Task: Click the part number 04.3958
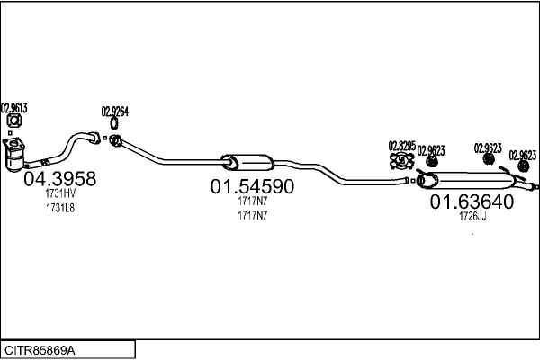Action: click(x=58, y=179)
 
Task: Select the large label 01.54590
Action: click(x=253, y=187)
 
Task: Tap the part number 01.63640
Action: click(x=472, y=202)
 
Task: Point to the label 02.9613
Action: click(x=13, y=108)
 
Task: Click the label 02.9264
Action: click(x=115, y=111)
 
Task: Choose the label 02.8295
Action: click(x=401, y=145)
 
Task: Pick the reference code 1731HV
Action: click(x=59, y=193)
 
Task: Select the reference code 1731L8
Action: click(x=59, y=208)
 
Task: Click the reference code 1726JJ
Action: click(x=472, y=217)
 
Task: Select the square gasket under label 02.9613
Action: click(x=13, y=122)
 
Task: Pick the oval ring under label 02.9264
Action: click(x=115, y=124)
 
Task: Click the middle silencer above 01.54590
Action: click(x=248, y=162)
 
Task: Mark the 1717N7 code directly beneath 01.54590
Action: click(x=253, y=202)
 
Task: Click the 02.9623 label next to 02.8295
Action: click(x=430, y=150)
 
